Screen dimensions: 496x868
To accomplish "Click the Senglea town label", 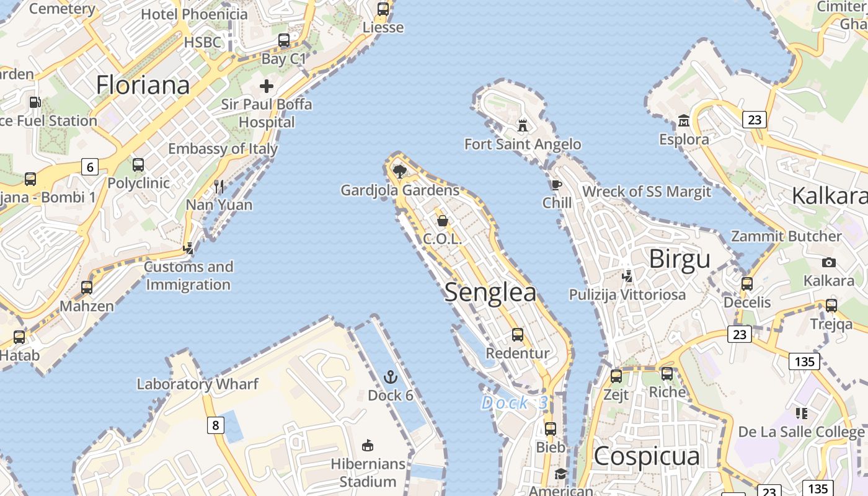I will pos(490,293).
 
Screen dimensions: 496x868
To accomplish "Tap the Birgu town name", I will pos(680,259).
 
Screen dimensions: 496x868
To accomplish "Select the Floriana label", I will pos(143,85).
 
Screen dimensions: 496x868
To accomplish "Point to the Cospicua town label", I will pos(647,456).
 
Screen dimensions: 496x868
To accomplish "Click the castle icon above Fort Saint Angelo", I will pos(523,126).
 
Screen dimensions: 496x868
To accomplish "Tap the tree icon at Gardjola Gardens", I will pos(400,170).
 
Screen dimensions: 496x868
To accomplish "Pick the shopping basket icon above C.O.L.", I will pos(443,221).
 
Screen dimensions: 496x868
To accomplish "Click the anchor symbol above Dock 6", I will pos(391,376).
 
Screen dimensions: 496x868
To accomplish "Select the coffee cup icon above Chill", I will pos(557,185).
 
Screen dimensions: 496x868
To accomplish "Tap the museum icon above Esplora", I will pos(684,120).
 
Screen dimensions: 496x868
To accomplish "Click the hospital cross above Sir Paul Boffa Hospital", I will pos(267,86).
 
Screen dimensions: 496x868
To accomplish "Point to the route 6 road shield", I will pos(90,166).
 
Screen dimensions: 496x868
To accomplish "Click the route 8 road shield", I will pos(215,425).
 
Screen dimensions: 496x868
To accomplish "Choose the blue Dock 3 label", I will pos(515,403).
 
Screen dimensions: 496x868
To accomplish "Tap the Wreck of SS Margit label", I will pos(646,192).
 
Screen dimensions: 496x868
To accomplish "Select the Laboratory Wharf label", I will pos(197,384).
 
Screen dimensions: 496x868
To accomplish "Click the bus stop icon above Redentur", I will pos(518,335).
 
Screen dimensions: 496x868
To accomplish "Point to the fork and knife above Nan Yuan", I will pos(218,186).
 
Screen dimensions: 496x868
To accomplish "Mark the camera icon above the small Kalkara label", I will pos(828,262).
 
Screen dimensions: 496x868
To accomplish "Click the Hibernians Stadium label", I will pos(368,472).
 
